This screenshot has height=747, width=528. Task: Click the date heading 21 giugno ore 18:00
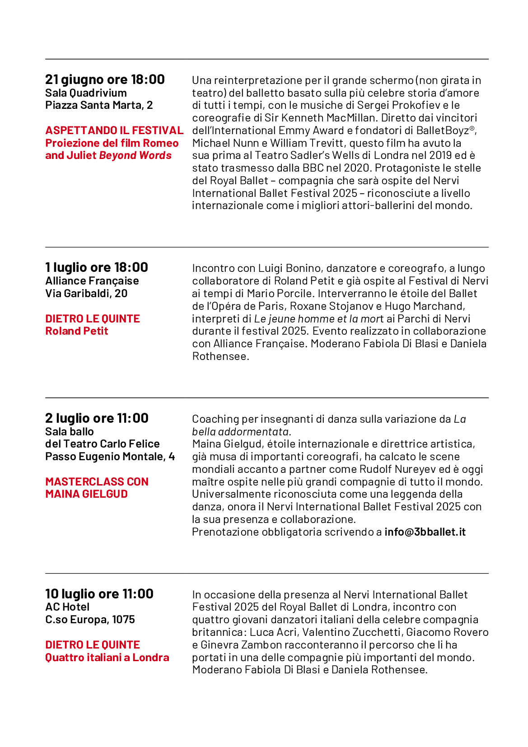point(105,79)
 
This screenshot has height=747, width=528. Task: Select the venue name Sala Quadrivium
point(86,93)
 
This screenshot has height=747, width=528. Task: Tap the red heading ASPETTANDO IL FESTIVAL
point(114,131)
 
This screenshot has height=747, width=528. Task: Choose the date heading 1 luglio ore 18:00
point(97,267)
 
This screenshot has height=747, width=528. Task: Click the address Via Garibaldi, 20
point(86,294)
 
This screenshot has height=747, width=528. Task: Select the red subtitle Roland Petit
point(77,331)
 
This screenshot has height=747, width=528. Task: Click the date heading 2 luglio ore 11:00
point(97,418)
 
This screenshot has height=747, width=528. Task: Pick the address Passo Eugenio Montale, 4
point(110,457)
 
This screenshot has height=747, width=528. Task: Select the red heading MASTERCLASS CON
point(97,482)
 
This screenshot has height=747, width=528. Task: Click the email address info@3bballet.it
point(425,532)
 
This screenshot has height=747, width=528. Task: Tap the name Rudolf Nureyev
point(397,469)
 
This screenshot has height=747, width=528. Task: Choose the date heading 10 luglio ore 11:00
point(99,594)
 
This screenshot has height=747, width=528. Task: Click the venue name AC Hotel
point(67,607)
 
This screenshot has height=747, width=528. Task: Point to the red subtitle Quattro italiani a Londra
point(107,658)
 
